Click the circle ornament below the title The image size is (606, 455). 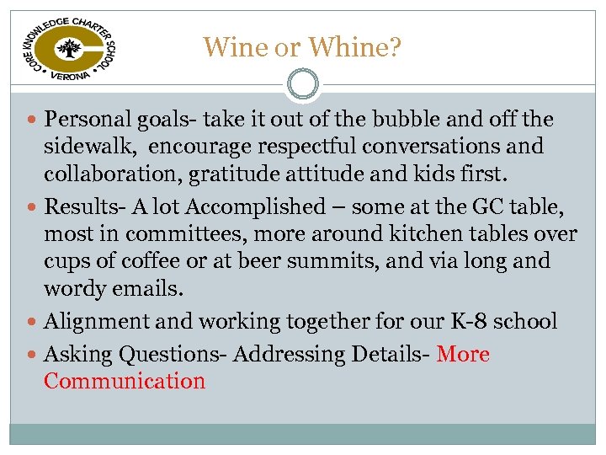coord(303,83)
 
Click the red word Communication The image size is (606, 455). coord(125,381)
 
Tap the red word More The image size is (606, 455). coord(464,354)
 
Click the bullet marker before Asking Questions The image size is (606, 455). coord(32,354)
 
